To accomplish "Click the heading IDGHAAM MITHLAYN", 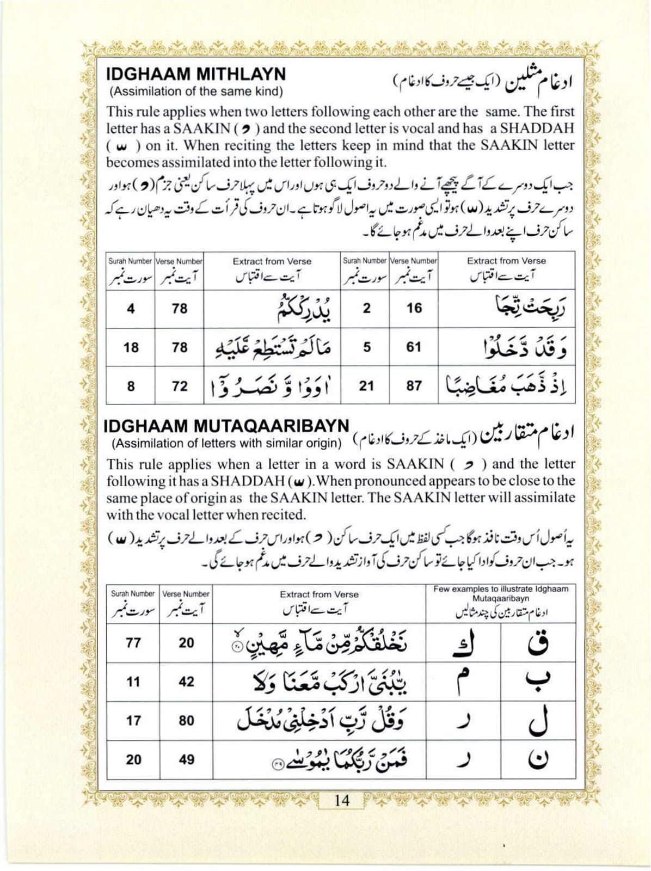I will (196, 74).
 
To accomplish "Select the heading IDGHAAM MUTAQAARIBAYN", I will (226, 426).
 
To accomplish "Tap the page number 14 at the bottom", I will (342, 801).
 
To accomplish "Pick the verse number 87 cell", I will (414, 385).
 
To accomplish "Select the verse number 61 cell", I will (414, 347).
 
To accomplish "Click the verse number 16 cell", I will (414, 308).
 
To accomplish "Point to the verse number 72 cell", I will (179, 386).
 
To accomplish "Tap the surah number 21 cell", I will (366, 385).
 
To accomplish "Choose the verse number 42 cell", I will (186, 682).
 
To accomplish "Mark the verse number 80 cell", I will (186, 720).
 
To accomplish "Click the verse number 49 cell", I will (186, 759).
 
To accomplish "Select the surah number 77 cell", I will (133, 643).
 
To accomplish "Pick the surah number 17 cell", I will (133, 720).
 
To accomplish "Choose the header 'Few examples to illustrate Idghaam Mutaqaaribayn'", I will (501, 593).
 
